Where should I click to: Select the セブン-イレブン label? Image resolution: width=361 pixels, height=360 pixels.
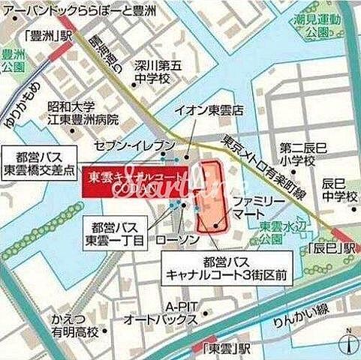146,145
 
